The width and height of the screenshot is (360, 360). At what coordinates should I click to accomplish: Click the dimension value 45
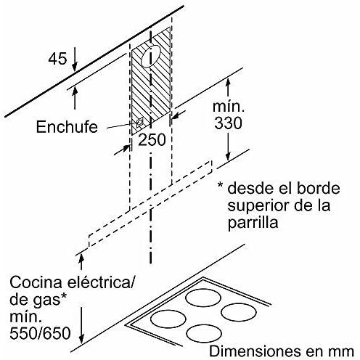[x=57, y=59]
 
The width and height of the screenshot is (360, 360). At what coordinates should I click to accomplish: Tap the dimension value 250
[x=152, y=140]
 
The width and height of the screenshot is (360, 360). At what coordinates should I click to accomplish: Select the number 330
[x=228, y=123]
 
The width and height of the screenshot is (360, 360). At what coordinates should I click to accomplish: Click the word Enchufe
[x=67, y=126]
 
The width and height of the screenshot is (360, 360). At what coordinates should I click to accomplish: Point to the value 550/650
[x=40, y=333]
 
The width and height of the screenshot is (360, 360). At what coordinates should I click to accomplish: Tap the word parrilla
[x=253, y=222]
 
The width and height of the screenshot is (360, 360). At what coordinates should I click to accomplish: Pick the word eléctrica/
[x=100, y=282]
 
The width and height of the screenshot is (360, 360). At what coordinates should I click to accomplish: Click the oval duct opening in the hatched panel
[x=151, y=56]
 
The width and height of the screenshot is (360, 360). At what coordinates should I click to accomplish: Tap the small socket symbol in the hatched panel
[x=140, y=122]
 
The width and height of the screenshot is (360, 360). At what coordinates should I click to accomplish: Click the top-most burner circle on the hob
[x=203, y=298]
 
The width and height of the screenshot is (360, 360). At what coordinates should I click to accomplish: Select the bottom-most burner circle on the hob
[x=204, y=333]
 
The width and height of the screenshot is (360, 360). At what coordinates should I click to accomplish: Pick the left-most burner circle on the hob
[x=168, y=319]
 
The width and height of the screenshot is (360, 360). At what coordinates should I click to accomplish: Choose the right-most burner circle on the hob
[x=239, y=312]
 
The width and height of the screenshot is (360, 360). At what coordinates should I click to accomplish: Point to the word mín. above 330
[x=229, y=107]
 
